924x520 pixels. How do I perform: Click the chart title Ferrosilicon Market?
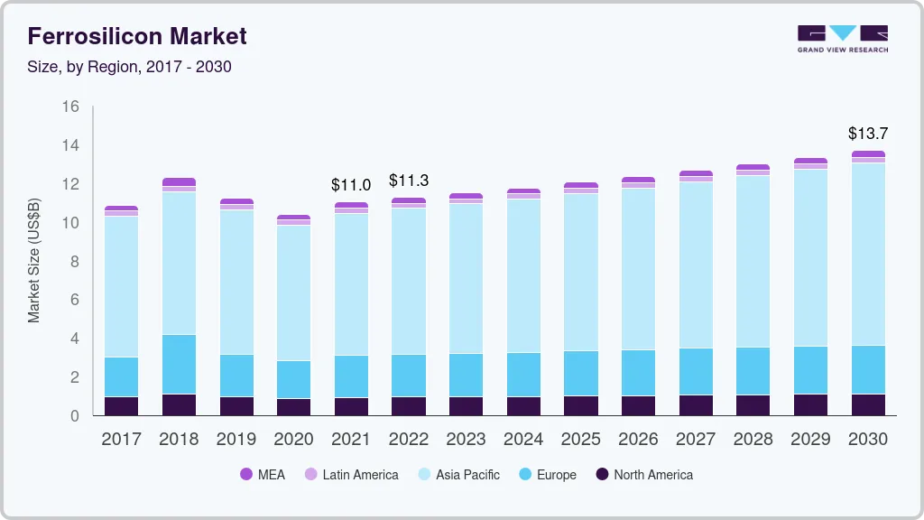click(137, 36)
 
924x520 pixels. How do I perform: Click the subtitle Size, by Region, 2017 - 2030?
click(130, 67)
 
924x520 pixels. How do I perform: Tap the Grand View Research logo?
click(842, 38)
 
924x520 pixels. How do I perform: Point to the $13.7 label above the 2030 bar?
click(868, 134)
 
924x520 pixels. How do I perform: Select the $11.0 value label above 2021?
click(351, 185)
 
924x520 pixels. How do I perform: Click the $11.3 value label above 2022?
click(409, 181)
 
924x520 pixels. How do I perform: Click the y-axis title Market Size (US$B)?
click(34, 260)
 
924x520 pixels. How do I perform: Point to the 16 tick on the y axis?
click(70, 107)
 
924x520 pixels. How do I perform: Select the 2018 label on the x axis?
click(179, 440)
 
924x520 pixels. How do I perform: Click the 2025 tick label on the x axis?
click(581, 440)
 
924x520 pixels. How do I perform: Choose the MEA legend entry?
click(262, 475)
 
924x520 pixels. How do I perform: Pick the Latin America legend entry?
click(351, 475)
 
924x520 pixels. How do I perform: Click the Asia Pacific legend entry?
click(457, 475)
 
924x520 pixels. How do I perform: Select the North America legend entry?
click(643, 475)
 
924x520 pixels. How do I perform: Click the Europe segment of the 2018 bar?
click(179, 364)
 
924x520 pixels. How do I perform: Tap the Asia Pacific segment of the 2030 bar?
click(868, 254)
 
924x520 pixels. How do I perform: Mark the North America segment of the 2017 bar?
click(121, 406)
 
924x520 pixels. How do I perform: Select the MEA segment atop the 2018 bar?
click(179, 181)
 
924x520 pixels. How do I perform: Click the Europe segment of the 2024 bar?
click(523, 374)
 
